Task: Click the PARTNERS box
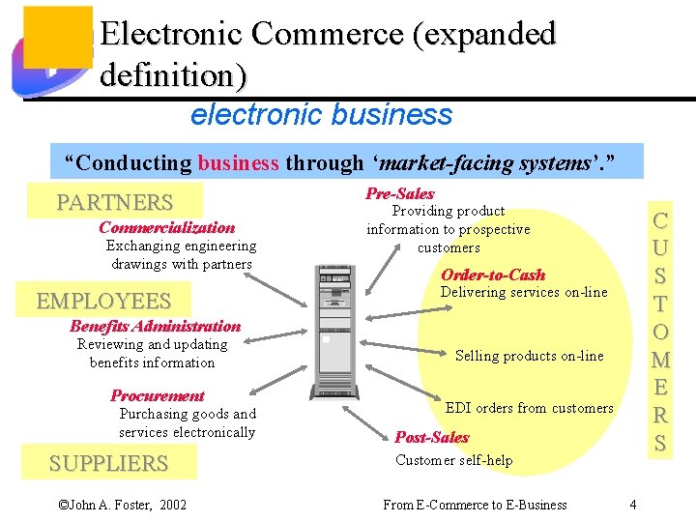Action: coord(114,202)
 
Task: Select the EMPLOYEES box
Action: coord(103,301)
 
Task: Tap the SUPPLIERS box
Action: coord(108,463)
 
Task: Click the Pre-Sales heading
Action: coord(400,193)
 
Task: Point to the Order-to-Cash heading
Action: coord(493,275)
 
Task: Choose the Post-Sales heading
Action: coord(432,437)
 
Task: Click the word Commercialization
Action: coord(166,228)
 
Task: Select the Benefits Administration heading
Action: coord(155,326)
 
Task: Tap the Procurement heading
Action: coord(157,395)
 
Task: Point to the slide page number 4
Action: coord(632,504)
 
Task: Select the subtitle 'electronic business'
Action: coord(321,115)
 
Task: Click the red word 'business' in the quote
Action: coord(238,162)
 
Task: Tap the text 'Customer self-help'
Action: coord(453,460)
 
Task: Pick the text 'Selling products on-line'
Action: coord(529,356)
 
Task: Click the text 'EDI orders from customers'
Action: coord(529,408)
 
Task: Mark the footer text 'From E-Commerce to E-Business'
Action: coord(475,504)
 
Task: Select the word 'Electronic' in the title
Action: coord(170,35)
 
